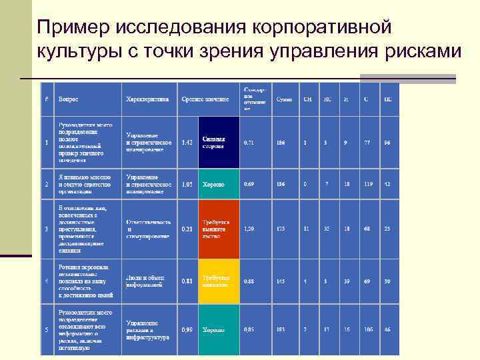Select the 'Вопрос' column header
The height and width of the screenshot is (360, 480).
click(68, 99)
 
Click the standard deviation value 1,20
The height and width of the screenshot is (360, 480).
click(249, 229)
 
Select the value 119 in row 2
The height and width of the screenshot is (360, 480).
click(366, 184)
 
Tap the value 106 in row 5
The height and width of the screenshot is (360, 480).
click(366, 329)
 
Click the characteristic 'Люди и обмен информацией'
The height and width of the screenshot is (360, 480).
click(145, 281)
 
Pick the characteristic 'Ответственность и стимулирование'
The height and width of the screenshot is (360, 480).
click(149, 229)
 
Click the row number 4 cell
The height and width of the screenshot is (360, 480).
click(46, 281)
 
